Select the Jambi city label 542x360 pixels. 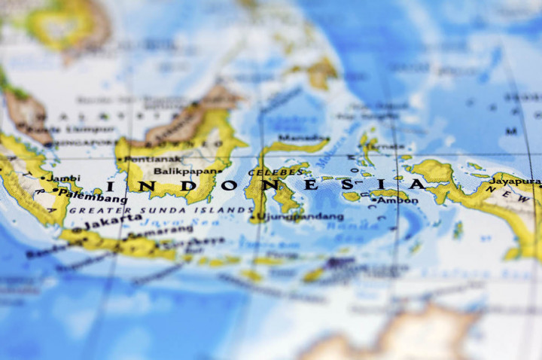coord(64,178)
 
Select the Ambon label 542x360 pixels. coord(397,200)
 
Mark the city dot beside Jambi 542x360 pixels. coord(43,179)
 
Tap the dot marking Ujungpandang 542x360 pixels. coord(251,218)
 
